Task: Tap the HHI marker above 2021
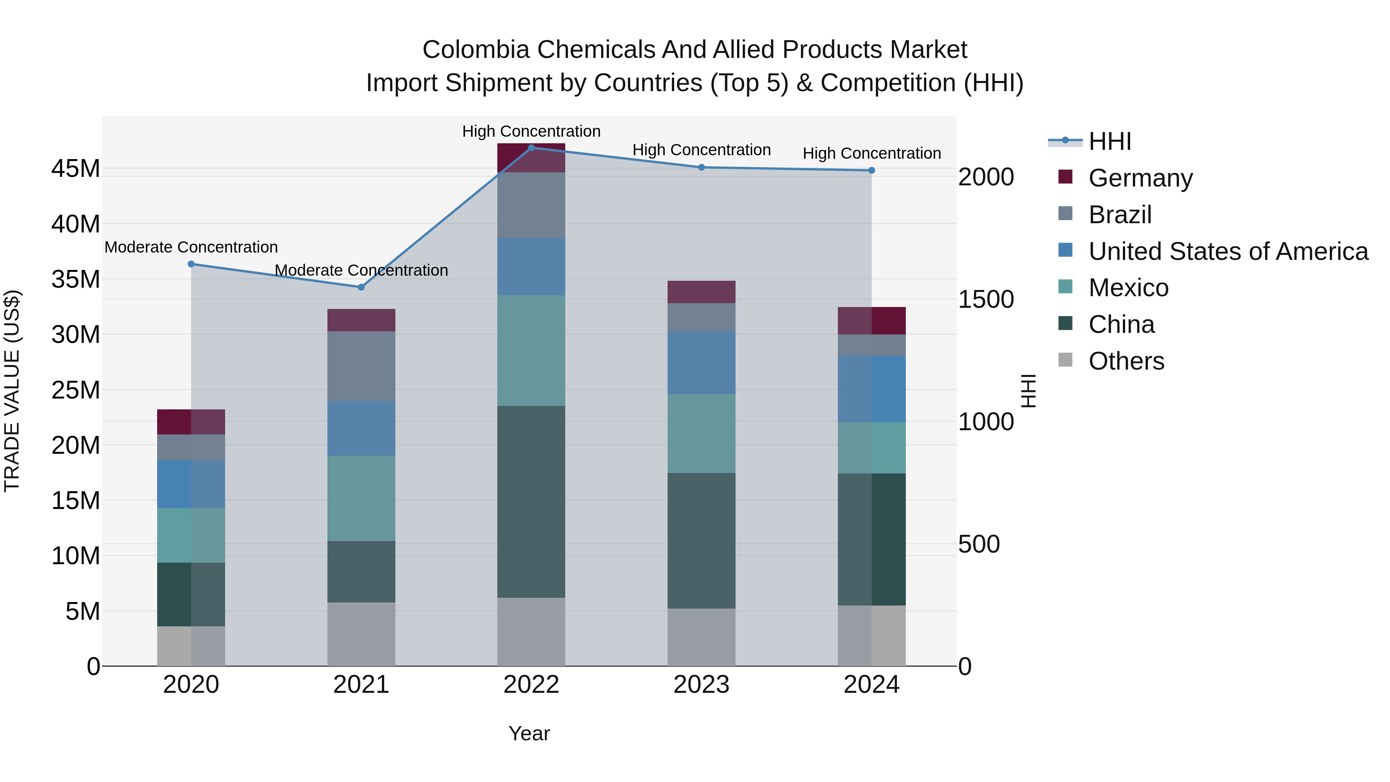pyautogui.click(x=361, y=287)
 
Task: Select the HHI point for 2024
pyautogui.click(x=871, y=171)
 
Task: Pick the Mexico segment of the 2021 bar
pyautogui.click(x=361, y=498)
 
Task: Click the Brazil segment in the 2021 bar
pyautogui.click(x=361, y=366)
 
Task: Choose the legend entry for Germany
pyautogui.click(x=1140, y=178)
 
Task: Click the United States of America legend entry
pyautogui.click(x=1227, y=251)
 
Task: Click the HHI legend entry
pyautogui.click(x=1109, y=141)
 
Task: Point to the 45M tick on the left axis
pyautogui.click(x=76, y=169)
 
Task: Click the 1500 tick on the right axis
pyautogui.click(x=986, y=300)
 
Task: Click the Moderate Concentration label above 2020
pyautogui.click(x=191, y=247)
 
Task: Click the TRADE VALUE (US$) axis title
pyautogui.click(x=12, y=391)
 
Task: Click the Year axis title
pyautogui.click(x=529, y=733)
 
